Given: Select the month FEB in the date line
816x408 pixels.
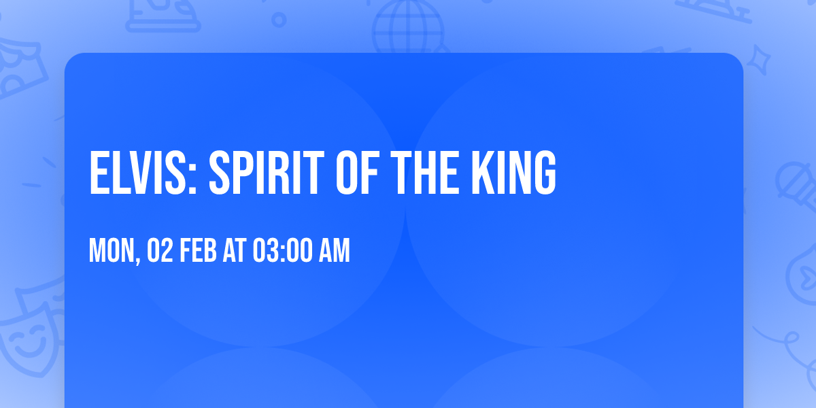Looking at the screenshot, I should (201, 252).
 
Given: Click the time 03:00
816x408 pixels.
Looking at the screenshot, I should (282, 252).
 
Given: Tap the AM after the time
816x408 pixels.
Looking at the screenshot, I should (335, 252).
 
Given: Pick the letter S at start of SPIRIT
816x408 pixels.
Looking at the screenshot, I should (219, 173).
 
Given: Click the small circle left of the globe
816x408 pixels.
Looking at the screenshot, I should (279, 20).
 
